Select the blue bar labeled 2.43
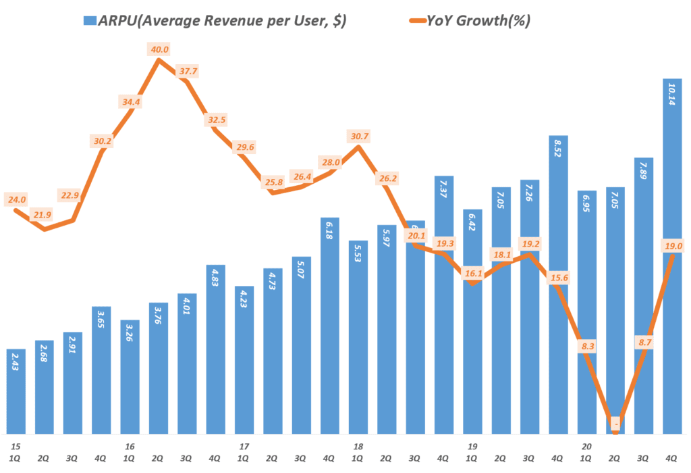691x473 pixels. pyautogui.click(x=17, y=392)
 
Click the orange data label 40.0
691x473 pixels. pyautogui.click(x=160, y=49)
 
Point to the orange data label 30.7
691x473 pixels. pyautogui.click(x=360, y=136)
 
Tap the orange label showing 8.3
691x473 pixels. pyautogui.click(x=586, y=347)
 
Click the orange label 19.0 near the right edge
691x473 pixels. pyautogui.click(x=673, y=247)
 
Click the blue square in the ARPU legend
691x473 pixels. pyautogui.click(x=89, y=21)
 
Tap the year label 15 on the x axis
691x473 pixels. pyautogui.click(x=16, y=447)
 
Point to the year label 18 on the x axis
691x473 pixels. pyautogui.click(x=358, y=447)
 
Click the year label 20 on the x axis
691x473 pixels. pyautogui.click(x=587, y=447)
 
